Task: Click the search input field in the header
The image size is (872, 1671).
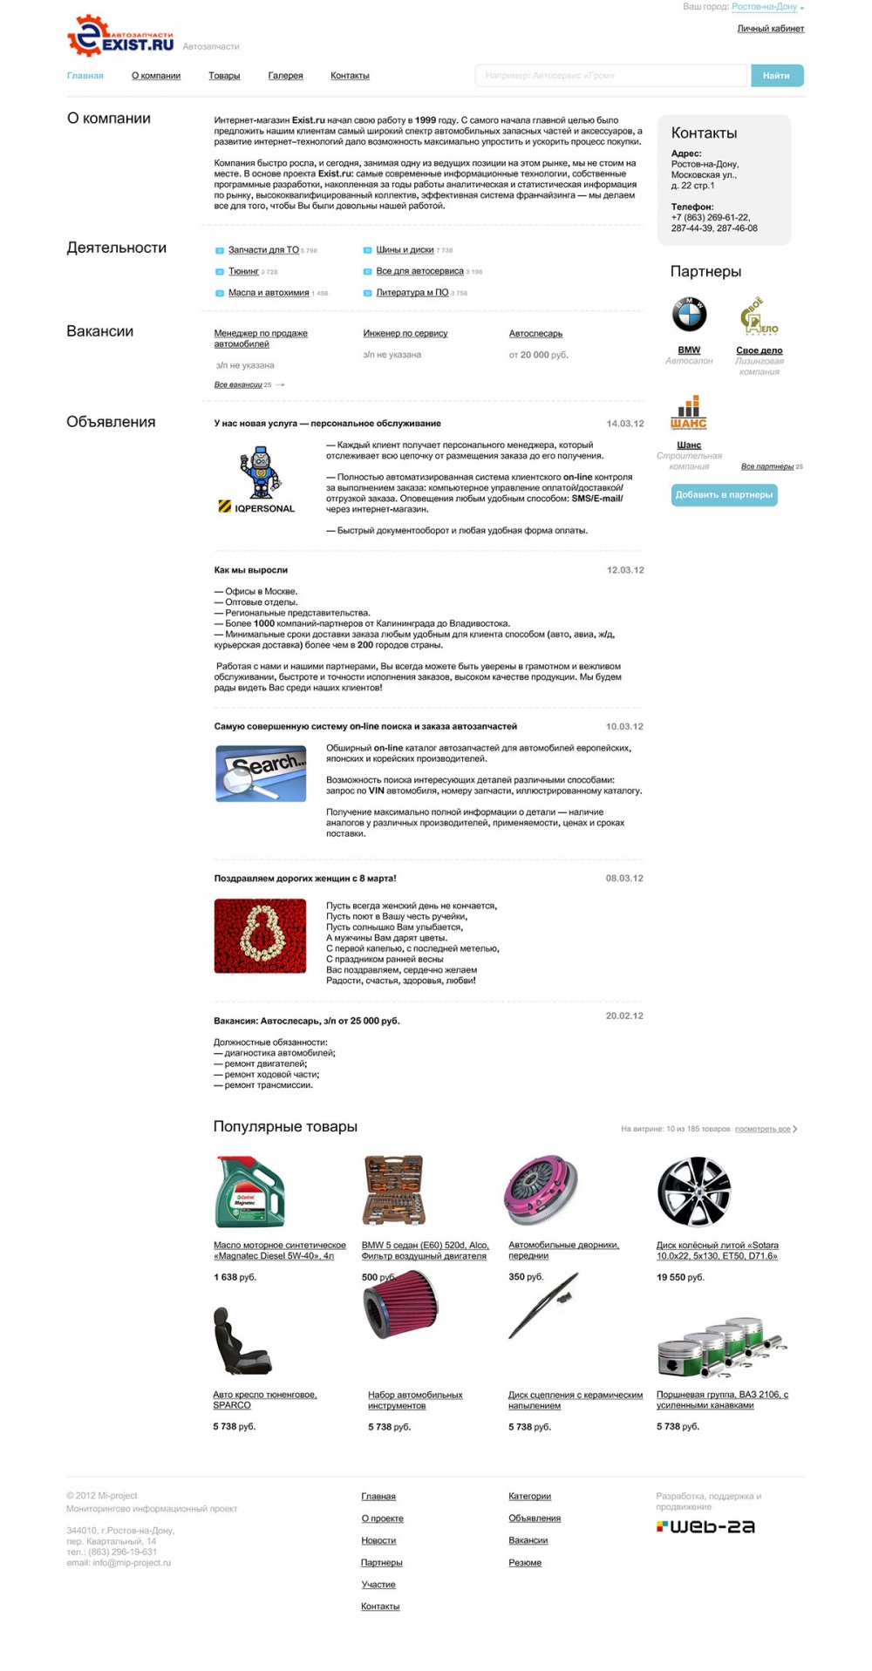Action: click(610, 76)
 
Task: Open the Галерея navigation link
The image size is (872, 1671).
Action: click(285, 76)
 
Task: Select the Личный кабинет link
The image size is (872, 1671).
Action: click(770, 29)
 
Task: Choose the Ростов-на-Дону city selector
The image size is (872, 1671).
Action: click(765, 7)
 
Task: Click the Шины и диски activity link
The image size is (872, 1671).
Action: click(405, 250)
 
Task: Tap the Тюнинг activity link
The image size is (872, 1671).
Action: click(243, 271)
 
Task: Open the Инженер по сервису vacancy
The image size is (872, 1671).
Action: click(405, 333)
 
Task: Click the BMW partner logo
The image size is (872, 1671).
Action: click(689, 315)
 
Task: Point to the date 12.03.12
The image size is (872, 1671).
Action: click(625, 570)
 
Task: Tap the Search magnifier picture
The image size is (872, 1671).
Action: click(261, 773)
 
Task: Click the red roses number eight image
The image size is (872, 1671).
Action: click(260, 935)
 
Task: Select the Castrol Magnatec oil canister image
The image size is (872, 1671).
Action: click(249, 1191)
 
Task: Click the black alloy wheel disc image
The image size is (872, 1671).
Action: click(693, 1191)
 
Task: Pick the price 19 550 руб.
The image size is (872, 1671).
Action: click(680, 1277)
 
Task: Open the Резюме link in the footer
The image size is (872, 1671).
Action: click(525, 1563)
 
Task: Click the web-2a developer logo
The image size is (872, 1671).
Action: click(705, 1526)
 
